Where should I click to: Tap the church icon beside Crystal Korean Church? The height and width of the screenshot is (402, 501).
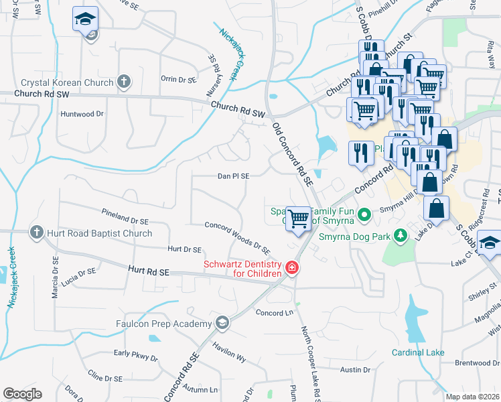(123, 82)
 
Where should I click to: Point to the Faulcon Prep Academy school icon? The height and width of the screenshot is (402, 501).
(222, 324)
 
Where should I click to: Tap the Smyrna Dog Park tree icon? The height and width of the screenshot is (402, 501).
(401, 235)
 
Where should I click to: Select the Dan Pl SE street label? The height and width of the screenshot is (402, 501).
(233, 176)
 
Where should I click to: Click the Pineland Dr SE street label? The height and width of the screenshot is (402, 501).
(125, 216)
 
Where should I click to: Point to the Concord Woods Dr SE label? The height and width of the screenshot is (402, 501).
(237, 237)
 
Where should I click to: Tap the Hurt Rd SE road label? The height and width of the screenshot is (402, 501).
(149, 271)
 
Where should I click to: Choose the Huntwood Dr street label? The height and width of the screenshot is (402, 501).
(82, 114)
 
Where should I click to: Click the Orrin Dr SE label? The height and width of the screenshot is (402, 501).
(179, 78)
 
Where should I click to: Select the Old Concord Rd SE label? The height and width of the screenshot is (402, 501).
(293, 153)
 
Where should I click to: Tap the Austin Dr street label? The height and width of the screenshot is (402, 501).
(356, 370)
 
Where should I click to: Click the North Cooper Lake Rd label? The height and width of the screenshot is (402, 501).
(309, 356)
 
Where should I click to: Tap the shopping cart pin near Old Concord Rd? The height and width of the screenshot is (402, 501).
(299, 218)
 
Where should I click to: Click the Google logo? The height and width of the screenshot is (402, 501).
(22, 394)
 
